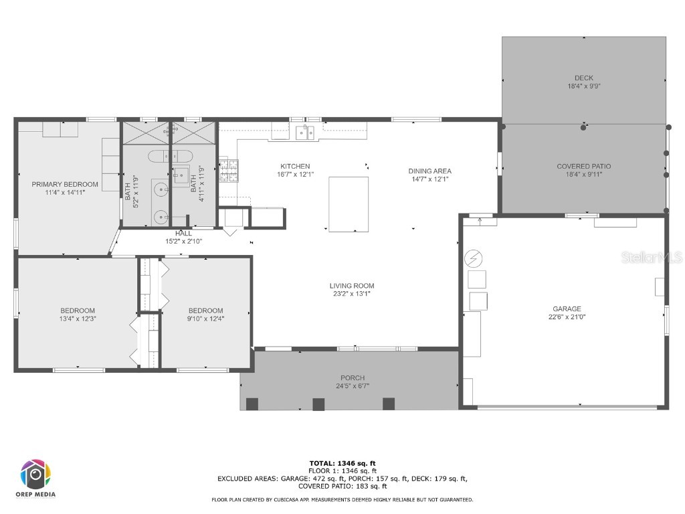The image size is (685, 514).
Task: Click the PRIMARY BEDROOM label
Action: (x=65, y=184)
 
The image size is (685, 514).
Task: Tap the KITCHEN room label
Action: (x=295, y=166)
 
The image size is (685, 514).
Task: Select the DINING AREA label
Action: (x=429, y=171)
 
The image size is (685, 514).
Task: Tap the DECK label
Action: (x=583, y=78)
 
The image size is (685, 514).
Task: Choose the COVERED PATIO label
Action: (x=583, y=167)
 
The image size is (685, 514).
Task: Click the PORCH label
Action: (x=353, y=378)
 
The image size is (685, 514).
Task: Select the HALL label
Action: (x=183, y=234)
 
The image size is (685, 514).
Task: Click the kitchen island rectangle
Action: (x=349, y=204)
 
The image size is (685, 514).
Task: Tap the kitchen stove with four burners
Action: (x=228, y=170)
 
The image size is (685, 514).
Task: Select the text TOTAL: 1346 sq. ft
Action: (x=342, y=463)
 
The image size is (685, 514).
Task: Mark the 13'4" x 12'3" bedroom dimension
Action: (x=78, y=319)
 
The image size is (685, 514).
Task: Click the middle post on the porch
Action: (x=318, y=404)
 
